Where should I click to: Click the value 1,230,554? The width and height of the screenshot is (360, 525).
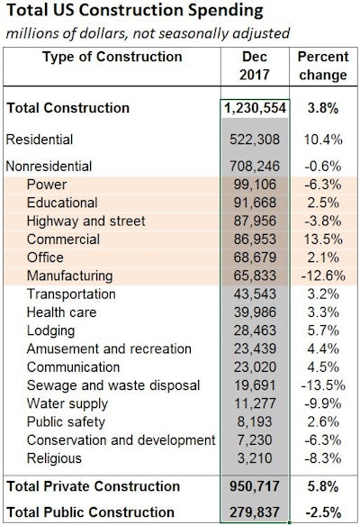(255, 108)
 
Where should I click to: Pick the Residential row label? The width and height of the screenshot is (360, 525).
(40, 140)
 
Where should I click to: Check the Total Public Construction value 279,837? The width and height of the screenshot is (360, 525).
(256, 512)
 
